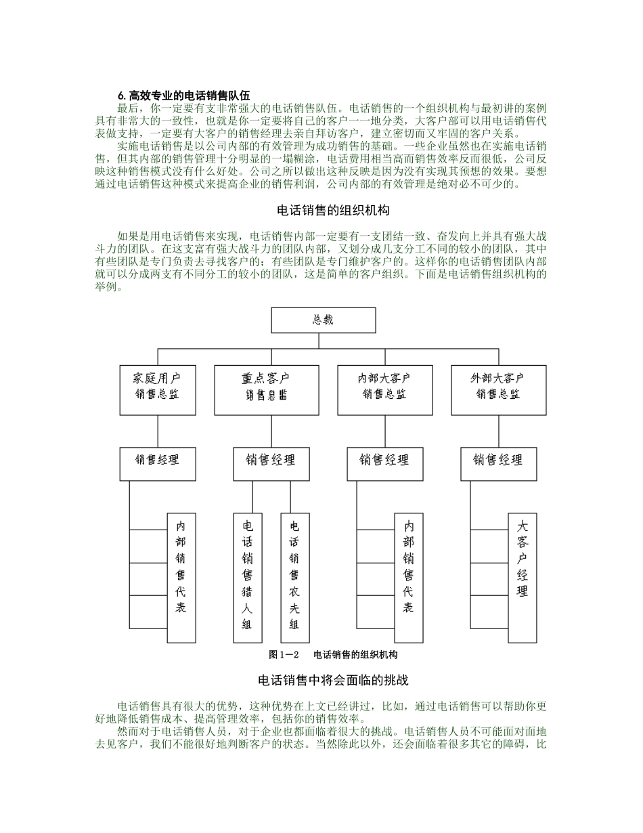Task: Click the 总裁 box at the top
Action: [x=323, y=320]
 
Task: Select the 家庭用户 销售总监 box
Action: [x=158, y=390]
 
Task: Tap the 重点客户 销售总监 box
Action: [x=266, y=390]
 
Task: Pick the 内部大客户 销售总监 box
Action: [x=384, y=390]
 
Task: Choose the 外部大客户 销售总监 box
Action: [x=498, y=390]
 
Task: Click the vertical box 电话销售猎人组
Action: [x=248, y=577]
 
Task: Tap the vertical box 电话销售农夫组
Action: [x=294, y=577]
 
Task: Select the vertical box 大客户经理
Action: [x=522, y=577]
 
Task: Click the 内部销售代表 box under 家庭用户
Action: [x=181, y=577]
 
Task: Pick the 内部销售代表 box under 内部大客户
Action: [x=409, y=577]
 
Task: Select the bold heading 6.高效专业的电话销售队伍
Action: [x=183, y=95]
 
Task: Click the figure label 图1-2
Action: [x=284, y=654]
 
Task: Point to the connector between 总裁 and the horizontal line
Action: [x=323, y=341]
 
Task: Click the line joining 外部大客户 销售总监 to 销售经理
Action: [x=498, y=431]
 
